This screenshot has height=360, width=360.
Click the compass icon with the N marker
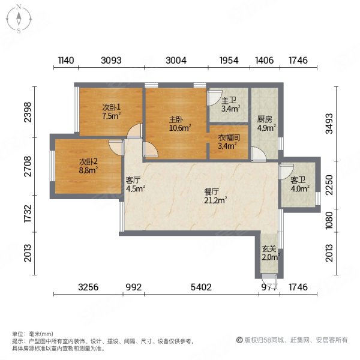[x=19, y=18]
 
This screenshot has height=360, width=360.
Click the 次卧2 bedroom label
[x=88, y=166]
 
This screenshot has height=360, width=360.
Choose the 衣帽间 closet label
[x=229, y=141]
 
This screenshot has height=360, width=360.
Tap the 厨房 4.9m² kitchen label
[x=265, y=123]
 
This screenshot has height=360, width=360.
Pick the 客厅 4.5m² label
[x=134, y=183]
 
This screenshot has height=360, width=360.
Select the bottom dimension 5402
[x=201, y=287]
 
